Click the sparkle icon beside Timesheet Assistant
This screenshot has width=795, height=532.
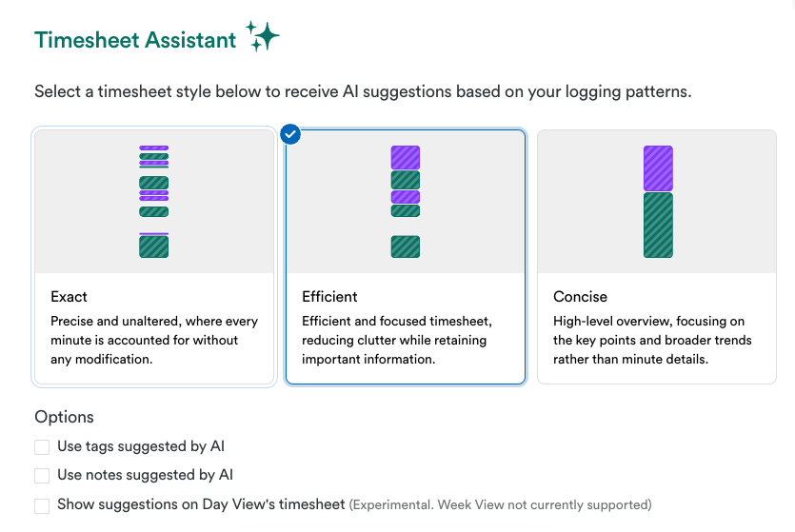(263, 36)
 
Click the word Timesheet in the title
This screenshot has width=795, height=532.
(87, 40)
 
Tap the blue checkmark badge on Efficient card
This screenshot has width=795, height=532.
(290, 134)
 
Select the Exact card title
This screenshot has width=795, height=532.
(69, 296)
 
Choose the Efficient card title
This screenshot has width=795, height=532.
(329, 296)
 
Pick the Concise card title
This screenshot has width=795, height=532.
(580, 296)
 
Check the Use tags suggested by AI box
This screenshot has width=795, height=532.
(42, 447)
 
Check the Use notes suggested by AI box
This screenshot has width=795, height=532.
(42, 476)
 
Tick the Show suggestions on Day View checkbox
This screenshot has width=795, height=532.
(42, 505)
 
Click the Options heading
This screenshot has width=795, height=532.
(65, 417)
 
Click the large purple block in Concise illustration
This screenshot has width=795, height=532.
(658, 168)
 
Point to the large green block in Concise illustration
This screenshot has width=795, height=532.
(658, 225)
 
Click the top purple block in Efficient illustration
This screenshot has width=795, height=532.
(406, 158)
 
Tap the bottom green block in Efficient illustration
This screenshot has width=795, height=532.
(406, 246)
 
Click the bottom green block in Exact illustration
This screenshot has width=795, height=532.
(154, 246)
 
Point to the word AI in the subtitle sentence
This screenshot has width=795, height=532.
(350, 91)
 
